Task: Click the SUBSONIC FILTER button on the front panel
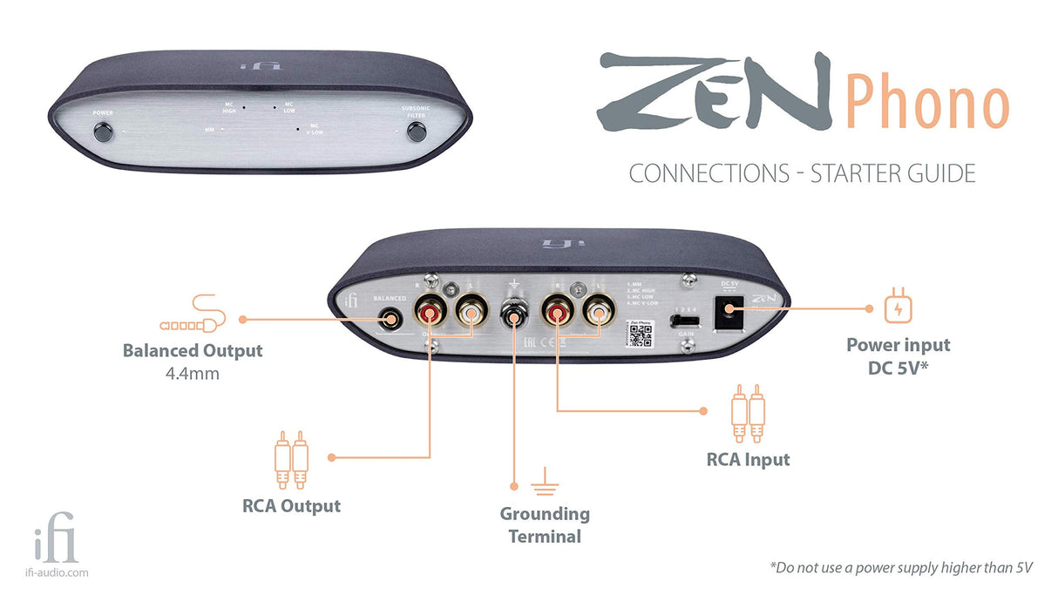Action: pos(417,133)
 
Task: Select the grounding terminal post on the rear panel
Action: pos(515,314)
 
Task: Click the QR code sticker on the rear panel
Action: pos(640,334)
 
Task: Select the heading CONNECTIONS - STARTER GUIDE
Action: pos(802,173)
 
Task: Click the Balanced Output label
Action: pos(193,351)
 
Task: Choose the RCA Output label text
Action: pos(291,505)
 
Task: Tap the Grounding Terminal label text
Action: pos(545,525)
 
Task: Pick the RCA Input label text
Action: pos(748,459)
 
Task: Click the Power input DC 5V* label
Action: pos(898,355)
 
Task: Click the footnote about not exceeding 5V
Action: pos(900,567)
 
